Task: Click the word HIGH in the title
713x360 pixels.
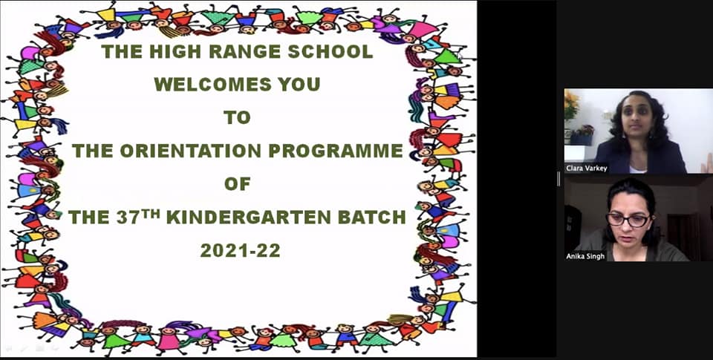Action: tap(175, 52)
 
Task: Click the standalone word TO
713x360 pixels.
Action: tap(238, 118)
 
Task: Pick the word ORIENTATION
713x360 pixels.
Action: tap(191, 151)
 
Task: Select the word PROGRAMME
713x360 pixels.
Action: tap(336, 151)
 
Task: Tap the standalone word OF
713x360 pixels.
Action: tap(238, 184)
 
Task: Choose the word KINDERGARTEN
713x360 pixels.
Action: tap(248, 217)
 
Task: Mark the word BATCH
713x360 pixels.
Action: tap(371, 217)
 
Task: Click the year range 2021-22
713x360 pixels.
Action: tap(240, 250)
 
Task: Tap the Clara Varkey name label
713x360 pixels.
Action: tap(586, 168)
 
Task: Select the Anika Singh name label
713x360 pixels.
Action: tap(585, 256)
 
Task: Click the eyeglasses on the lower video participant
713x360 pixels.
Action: tap(628, 220)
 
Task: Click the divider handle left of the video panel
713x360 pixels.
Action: tap(559, 179)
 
